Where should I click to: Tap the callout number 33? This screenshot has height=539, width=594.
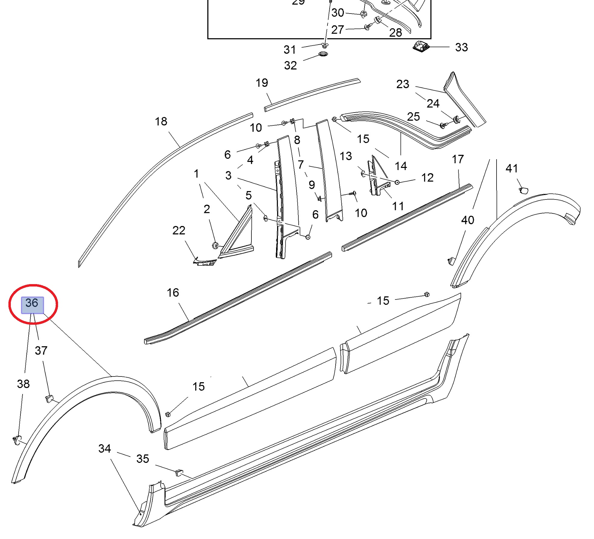461,47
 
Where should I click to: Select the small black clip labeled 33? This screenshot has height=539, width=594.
421,46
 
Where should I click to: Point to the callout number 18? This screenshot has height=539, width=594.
161,122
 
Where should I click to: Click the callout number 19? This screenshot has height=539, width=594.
262,83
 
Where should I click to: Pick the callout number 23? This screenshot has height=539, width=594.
403,84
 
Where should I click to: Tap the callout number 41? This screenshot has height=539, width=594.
512,169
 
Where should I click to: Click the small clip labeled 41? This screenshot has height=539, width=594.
523,190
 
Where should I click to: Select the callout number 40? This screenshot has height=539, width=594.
468,220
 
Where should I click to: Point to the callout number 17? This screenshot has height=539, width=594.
458,159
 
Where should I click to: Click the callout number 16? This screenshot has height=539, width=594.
173,293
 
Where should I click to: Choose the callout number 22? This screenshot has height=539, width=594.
179,231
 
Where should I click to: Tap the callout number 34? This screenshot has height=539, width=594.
105,449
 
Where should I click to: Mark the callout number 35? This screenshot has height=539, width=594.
143,459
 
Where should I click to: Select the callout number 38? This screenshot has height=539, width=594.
23,384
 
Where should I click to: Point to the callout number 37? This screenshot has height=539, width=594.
41,351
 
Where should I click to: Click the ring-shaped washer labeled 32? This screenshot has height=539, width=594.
323,54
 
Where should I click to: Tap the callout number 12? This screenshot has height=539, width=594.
427,178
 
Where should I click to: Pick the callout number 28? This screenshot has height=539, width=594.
395,33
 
